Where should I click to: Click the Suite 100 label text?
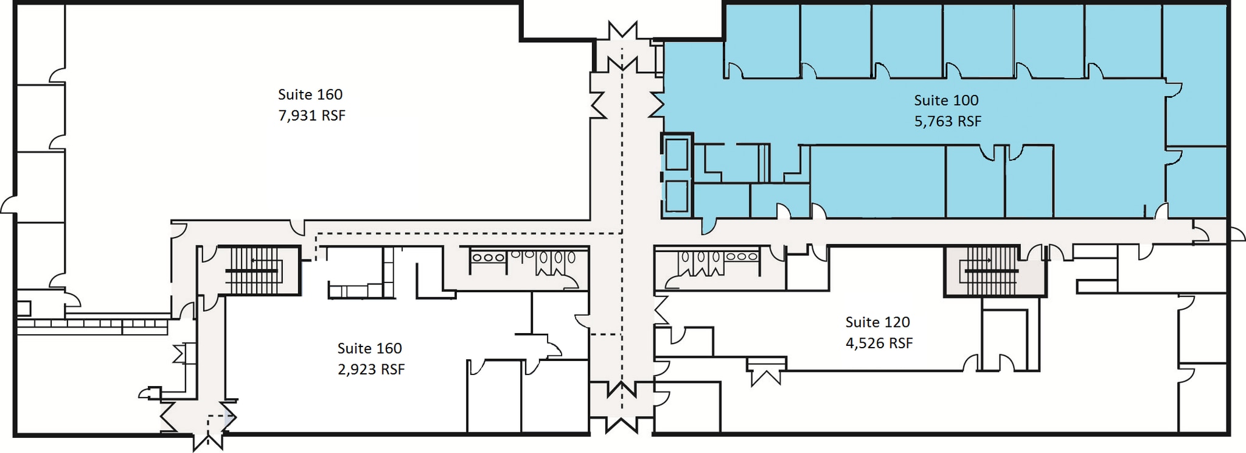946,100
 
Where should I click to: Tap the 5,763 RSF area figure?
948,121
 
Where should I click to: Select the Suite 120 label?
877,322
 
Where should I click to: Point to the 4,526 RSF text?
879,343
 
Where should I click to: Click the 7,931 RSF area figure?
311,116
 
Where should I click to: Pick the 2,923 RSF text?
371,370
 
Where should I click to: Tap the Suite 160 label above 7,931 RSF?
310,94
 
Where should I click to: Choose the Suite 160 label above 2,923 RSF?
369,348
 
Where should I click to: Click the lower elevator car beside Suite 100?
677,197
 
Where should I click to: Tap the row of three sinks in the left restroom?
488,258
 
